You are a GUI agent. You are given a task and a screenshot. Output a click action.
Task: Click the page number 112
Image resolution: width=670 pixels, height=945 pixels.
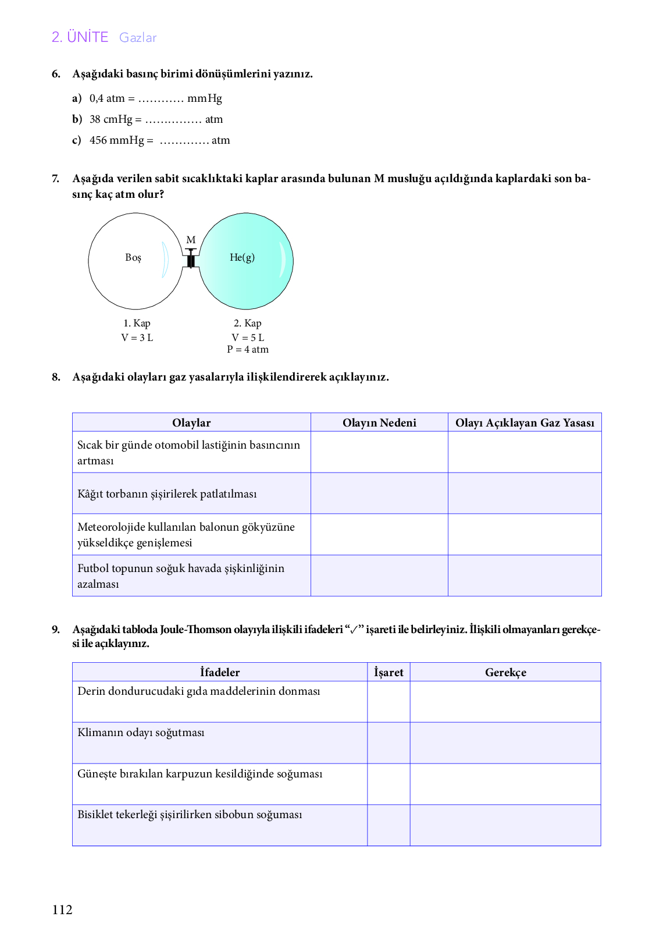tap(62, 910)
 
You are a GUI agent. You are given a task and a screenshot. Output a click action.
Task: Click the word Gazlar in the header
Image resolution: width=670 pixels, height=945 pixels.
tap(138, 38)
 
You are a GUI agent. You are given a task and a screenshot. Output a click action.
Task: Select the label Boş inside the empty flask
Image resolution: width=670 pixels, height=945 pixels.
tap(133, 257)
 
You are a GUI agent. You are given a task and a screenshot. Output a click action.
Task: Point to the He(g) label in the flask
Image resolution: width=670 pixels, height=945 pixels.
tap(242, 257)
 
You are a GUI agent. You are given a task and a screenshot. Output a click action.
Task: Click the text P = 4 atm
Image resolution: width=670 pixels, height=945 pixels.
tap(248, 350)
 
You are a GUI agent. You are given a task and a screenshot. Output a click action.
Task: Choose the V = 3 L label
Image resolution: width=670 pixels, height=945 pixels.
tap(137, 337)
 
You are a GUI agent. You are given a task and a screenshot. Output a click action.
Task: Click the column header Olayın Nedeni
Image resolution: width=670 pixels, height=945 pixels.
tap(379, 423)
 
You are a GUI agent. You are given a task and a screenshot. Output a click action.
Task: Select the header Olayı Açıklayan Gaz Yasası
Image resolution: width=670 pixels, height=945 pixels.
tap(525, 423)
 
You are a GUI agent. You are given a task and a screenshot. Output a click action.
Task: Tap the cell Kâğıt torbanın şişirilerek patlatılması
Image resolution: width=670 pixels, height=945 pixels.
tap(167, 494)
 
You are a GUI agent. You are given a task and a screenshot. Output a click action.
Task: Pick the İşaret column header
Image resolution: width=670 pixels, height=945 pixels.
tap(389, 673)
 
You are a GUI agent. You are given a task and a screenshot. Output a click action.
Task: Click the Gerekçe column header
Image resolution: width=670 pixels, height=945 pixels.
tap(505, 673)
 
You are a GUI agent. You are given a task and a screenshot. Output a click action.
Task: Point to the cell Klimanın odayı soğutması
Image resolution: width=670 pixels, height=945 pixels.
tap(141, 733)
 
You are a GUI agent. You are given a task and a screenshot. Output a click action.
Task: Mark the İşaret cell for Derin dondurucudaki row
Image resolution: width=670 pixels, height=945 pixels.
tap(389, 702)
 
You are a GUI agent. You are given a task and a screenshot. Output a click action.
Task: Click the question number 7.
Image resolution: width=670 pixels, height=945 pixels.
tap(56, 179)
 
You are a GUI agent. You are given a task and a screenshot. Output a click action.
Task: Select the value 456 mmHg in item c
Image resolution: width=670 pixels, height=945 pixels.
tap(116, 140)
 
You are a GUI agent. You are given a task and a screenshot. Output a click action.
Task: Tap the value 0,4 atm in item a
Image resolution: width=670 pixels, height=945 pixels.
tap(107, 98)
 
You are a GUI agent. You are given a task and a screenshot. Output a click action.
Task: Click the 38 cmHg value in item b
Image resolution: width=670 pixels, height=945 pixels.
tap(111, 119)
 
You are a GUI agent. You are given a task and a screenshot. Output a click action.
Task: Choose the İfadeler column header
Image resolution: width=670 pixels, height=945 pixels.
tap(220, 673)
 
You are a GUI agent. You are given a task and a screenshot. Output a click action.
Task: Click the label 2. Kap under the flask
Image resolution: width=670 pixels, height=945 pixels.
tap(248, 324)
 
